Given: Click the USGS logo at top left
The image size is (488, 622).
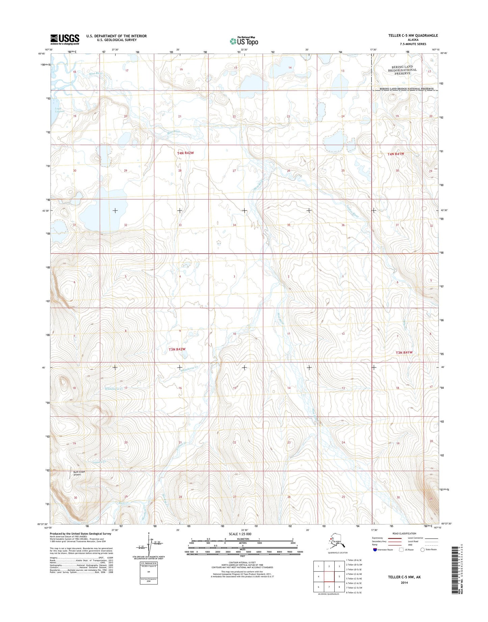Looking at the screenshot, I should [x=65, y=39].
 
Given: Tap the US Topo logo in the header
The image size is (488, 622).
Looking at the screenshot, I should [x=244, y=41].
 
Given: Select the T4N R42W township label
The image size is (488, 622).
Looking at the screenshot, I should [x=185, y=153].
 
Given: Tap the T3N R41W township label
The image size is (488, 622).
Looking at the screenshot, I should [x=404, y=353].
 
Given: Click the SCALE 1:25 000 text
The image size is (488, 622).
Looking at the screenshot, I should [x=240, y=534].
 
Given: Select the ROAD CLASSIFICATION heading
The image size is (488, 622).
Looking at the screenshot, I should [x=405, y=534].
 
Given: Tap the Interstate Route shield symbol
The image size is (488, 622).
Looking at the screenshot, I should [x=375, y=549].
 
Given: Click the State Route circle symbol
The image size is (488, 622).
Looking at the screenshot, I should [x=422, y=549].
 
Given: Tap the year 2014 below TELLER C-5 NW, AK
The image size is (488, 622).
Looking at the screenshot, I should [x=404, y=582].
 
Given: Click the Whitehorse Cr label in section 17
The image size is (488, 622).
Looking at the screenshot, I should [x=114, y=389].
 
